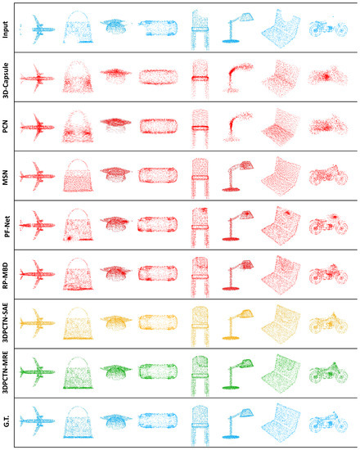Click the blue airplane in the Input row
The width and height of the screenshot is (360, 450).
[37, 30]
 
